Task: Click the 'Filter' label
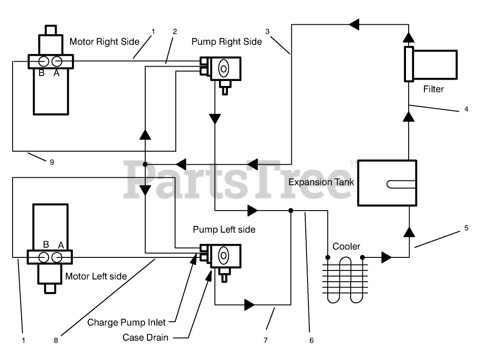[433, 89]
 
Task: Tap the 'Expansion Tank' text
[321, 182]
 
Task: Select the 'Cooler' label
[346, 247]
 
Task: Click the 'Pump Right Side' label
[227, 41]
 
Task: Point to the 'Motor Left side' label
[96, 276]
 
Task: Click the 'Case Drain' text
[145, 337]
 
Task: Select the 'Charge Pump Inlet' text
[126, 323]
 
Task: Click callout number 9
[52, 162]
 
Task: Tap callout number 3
[268, 31]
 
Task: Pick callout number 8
[56, 341]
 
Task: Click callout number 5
[467, 228]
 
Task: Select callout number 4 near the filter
[467, 109]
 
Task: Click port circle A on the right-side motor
[57, 62]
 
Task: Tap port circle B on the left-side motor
[44, 257]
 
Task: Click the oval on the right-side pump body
[223, 68]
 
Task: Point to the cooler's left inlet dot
[328, 257]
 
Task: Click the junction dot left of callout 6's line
[291, 211]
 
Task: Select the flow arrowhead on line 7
[250, 305]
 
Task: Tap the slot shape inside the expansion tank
[401, 184]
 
